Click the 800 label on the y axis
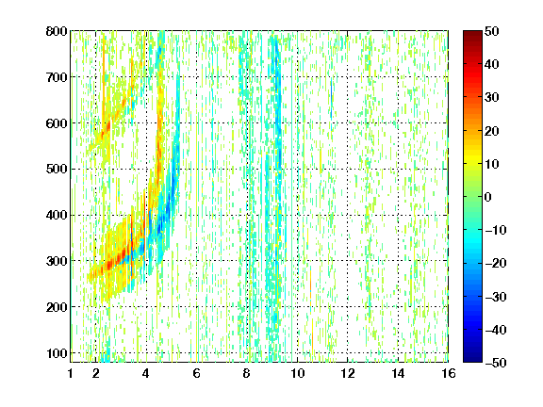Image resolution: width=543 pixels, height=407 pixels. click(x=57, y=31)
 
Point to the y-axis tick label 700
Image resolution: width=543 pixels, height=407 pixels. click(x=57, y=77)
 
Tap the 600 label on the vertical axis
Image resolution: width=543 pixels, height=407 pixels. click(x=57, y=123)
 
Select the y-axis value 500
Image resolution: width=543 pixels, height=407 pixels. click(x=57, y=170)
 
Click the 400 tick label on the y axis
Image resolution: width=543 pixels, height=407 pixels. click(x=57, y=215)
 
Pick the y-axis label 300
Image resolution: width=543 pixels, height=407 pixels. click(x=57, y=261)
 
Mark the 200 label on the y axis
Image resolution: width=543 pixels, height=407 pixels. click(x=57, y=307)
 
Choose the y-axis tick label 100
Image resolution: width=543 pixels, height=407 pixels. click(x=57, y=353)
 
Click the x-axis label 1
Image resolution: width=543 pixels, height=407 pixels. click(x=71, y=373)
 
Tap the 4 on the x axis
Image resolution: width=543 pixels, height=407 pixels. click(x=146, y=373)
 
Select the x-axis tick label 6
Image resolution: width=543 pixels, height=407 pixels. click(x=196, y=373)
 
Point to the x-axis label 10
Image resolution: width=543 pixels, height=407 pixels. click(x=297, y=373)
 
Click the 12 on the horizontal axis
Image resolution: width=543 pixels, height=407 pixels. click(x=348, y=373)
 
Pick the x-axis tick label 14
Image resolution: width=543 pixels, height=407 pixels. click(x=398, y=373)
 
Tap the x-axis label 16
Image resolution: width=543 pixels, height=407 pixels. click(x=449, y=373)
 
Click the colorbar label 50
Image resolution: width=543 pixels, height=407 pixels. click(x=491, y=31)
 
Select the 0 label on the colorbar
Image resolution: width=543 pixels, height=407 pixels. click(x=488, y=197)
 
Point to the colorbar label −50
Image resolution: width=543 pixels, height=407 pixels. click(x=495, y=363)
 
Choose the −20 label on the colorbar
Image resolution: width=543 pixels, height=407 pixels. click(x=495, y=263)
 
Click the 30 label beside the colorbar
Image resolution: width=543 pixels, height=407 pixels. click(x=491, y=97)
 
